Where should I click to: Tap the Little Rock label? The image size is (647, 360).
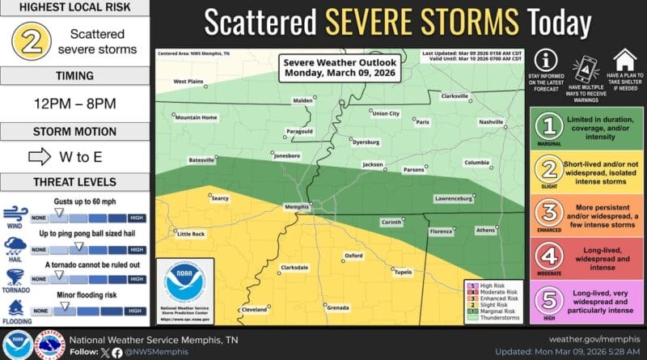tap(191, 234)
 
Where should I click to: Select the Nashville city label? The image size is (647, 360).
tap(490, 121)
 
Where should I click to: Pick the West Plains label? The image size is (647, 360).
tap(188, 81)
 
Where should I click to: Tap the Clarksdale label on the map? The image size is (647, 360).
tap(294, 267)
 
